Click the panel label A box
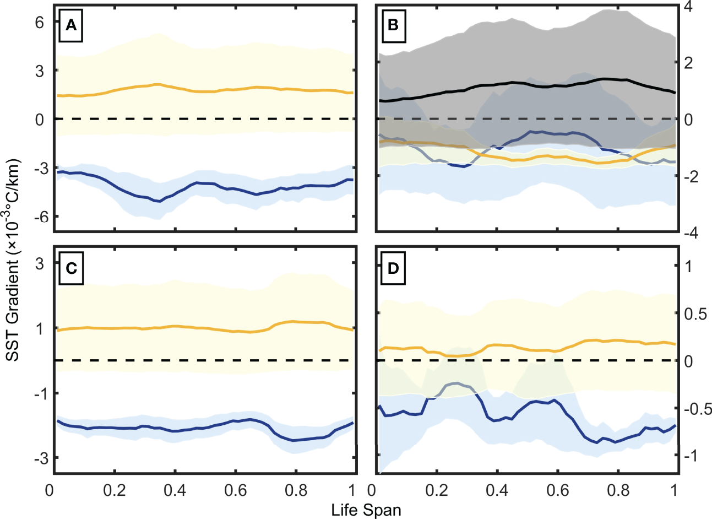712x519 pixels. [x=70, y=25]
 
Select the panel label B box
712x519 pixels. [x=393, y=25]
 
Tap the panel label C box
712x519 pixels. [x=70, y=268]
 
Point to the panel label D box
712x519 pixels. [x=393, y=268]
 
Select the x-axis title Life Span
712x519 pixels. [x=366, y=510]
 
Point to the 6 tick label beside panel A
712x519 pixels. [x=40, y=22]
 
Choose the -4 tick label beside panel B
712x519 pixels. [x=691, y=234]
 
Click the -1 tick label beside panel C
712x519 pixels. [x=39, y=393]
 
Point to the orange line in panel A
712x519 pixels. [x=220, y=90]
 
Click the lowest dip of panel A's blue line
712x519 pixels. [x=159, y=201]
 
